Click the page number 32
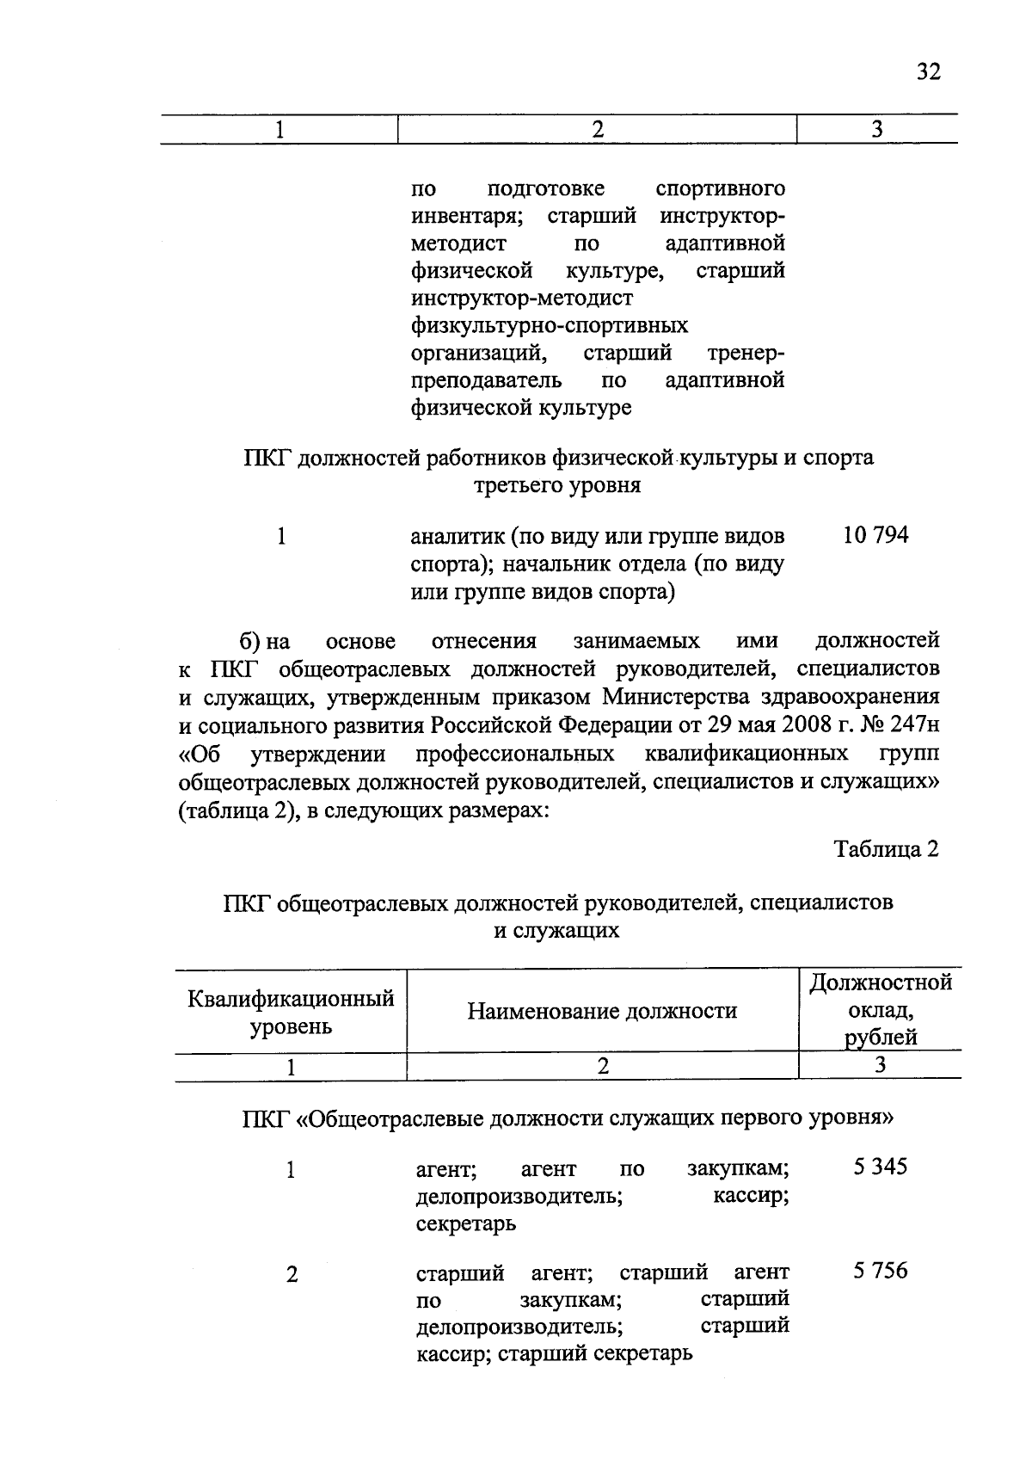[928, 71]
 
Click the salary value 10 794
[875, 536]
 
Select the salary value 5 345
[880, 1167]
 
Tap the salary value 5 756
[880, 1271]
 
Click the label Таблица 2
[886, 850]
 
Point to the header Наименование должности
[602, 1011]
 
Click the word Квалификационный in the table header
[291, 999]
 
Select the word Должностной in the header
[881, 983]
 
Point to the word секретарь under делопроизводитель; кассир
[465, 1223]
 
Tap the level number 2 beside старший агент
[292, 1275]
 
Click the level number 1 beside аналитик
[280, 537]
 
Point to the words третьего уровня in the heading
[557, 486]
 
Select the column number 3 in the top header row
[876, 130]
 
